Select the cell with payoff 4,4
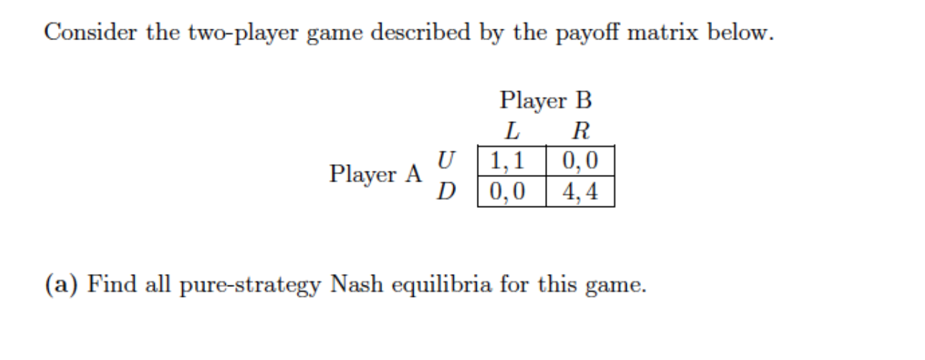pos(580,191)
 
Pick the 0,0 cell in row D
pos(511,191)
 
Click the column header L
pos(511,131)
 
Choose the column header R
pos(580,131)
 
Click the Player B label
pos(546,100)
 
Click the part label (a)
pos(62,285)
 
